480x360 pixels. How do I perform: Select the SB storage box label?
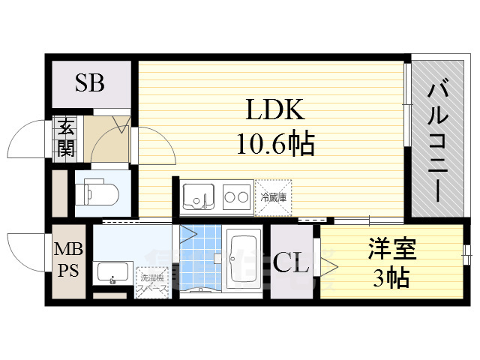click(x=89, y=82)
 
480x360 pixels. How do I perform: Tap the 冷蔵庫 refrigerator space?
click(x=274, y=197)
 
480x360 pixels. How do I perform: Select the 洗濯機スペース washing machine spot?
click(x=151, y=283)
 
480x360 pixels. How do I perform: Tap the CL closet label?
click(x=290, y=264)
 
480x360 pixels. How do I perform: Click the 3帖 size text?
click(x=391, y=278)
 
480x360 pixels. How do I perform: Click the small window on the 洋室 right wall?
click(x=466, y=251)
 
